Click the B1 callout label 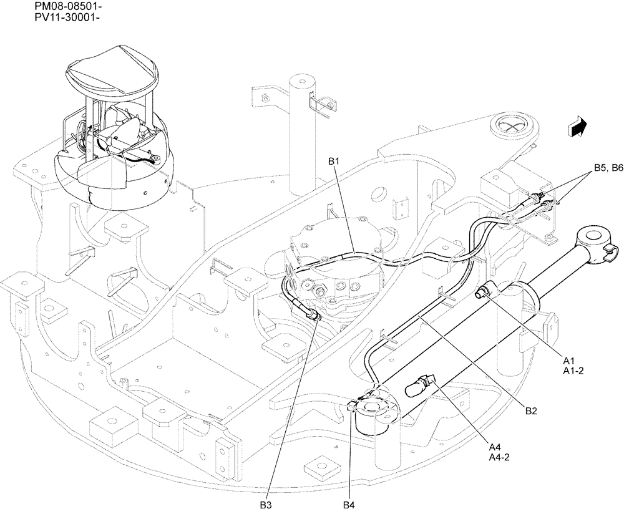pyautogui.click(x=333, y=162)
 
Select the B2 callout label pyautogui.click(x=530, y=410)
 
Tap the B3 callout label pyautogui.click(x=266, y=504)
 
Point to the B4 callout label pyautogui.click(x=348, y=504)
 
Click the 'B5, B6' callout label pyautogui.click(x=608, y=167)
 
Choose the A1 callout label pyautogui.click(x=568, y=361)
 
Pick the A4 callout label pyautogui.click(x=495, y=447)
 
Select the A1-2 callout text pyautogui.click(x=573, y=371)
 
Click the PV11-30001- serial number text pyautogui.click(x=60, y=17)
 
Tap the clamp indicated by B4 pyautogui.click(x=359, y=405)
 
